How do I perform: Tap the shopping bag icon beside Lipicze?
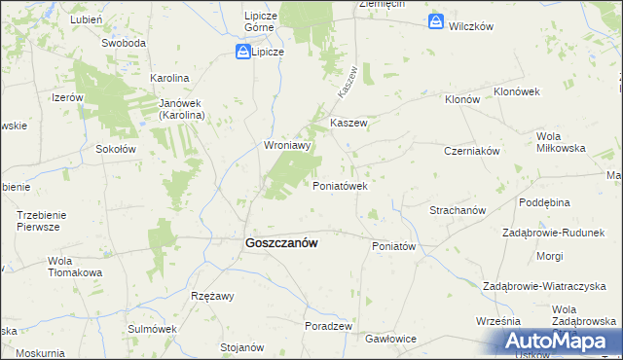tap(241, 53)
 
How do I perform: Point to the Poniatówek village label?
tap(338, 185)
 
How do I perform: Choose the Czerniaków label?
tap(471, 151)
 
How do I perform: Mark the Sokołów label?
tap(115, 149)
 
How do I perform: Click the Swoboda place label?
tap(124, 44)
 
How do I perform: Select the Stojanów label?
tap(242, 346)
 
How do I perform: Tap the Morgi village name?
tap(549, 256)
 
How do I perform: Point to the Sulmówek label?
tap(150, 329)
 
